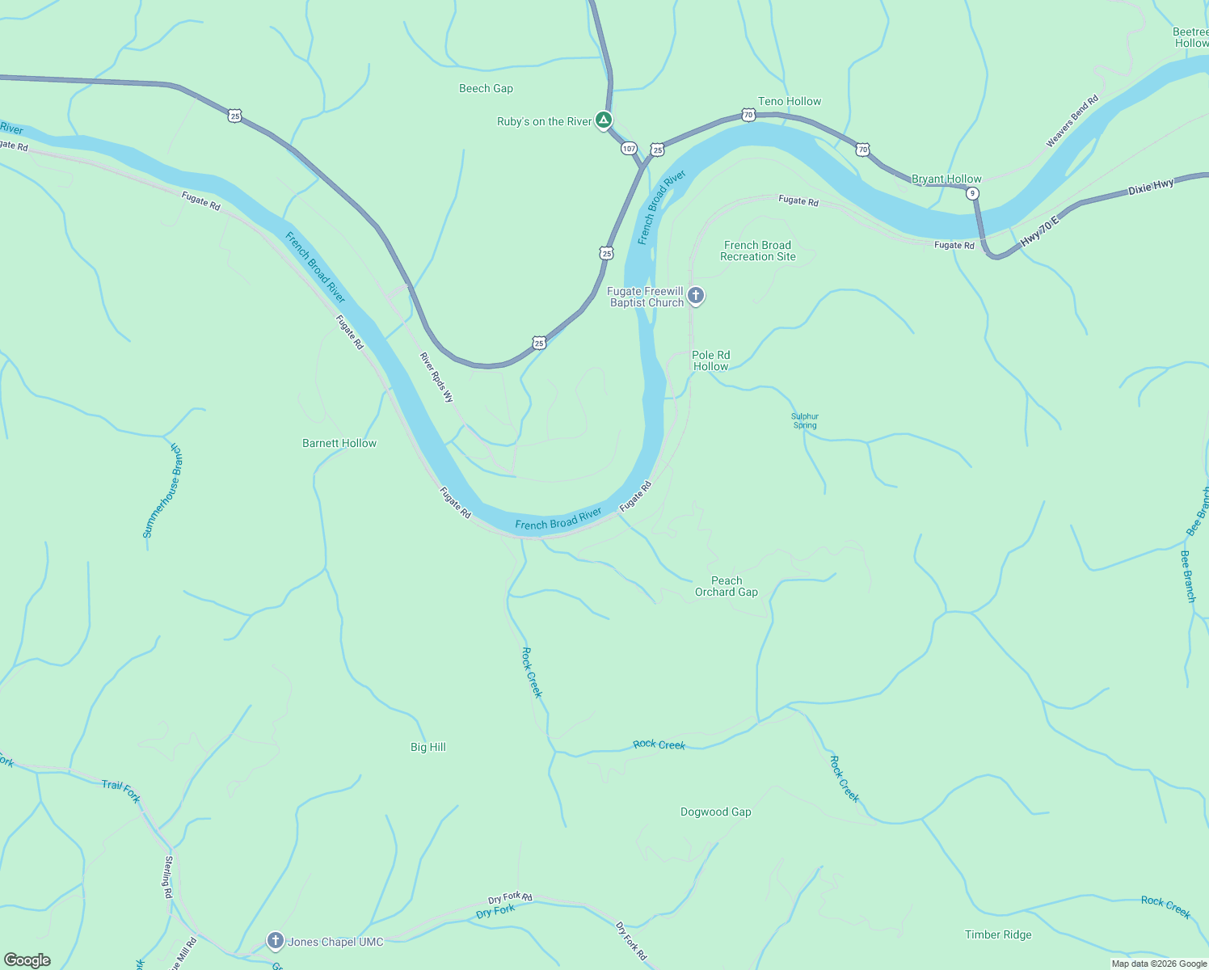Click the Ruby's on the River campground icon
pyautogui.click(x=603, y=120)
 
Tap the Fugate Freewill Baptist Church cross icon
pyautogui.click(x=696, y=296)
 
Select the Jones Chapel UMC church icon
pyautogui.click(x=276, y=941)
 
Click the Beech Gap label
pyautogui.click(x=486, y=88)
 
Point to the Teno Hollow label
pyautogui.click(x=789, y=101)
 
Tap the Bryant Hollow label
pyautogui.click(x=946, y=179)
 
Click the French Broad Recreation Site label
pyautogui.click(x=757, y=251)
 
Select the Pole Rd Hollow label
pyautogui.click(x=710, y=361)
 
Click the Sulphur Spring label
pyautogui.click(x=805, y=420)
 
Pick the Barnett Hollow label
pyautogui.click(x=339, y=443)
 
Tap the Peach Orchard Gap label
pyautogui.click(x=726, y=586)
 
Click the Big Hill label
pyautogui.click(x=428, y=747)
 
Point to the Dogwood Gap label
pyautogui.click(x=715, y=812)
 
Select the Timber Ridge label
pyautogui.click(x=998, y=934)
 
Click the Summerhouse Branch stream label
pyautogui.click(x=163, y=491)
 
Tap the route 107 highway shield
pyautogui.click(x=629, y=148)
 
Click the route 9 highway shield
pyautogui.click(x=972, y=193)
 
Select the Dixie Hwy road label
pyautogui.click(x=1151, y=188)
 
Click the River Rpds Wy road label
pyautogui.click(x=436, y=377)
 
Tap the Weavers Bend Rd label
pyautogui.click(x=1072, y=122)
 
